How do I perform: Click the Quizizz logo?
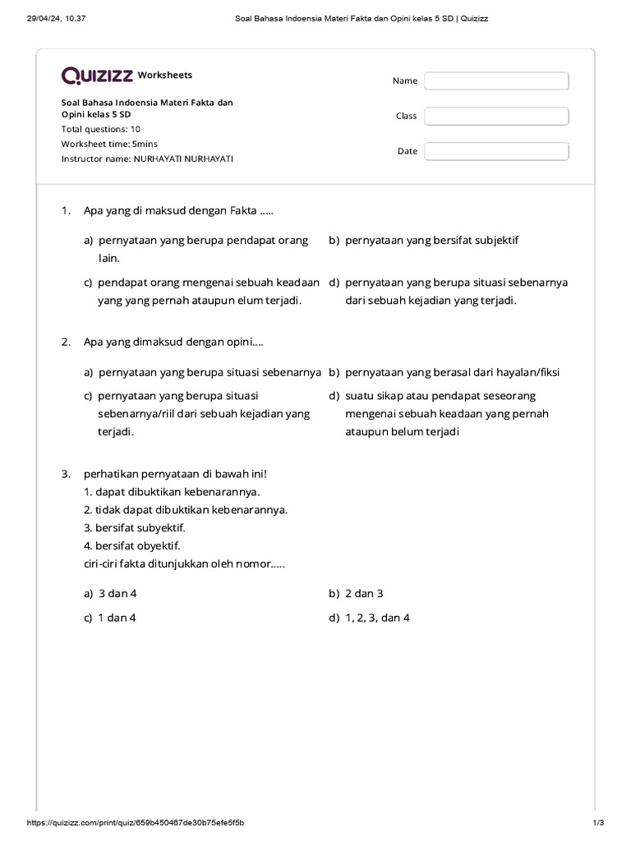point(97,76)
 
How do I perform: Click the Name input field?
point(496,80)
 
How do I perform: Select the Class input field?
point(496,116)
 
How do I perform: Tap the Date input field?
point(496,151)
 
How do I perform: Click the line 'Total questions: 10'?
point(101,129)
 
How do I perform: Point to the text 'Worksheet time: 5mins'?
point(109,144)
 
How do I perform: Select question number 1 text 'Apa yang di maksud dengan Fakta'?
point(178,211)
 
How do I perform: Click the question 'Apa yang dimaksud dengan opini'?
point(173,342)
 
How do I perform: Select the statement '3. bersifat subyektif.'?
point(135,528)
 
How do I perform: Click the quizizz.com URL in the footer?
point(136,823)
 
